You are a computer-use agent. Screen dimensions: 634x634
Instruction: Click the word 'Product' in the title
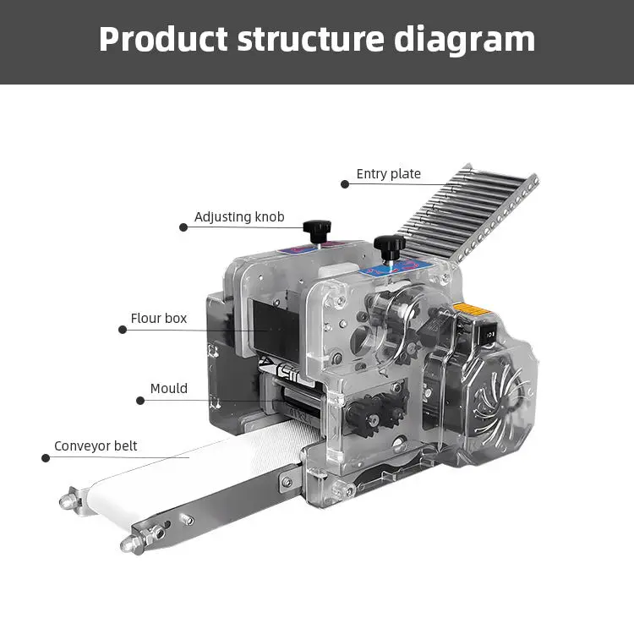pyautogui.click(x=163, y=39)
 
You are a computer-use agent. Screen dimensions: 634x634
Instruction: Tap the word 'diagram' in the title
pyautogui.click(x=465, y=41)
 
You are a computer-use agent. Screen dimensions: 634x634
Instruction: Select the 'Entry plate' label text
pyautogui.click(x=389, y=174)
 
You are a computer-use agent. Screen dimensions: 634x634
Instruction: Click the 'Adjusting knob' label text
pyautogui.click(x=239, y=217)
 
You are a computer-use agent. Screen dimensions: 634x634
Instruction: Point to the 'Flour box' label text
pyautogui.click(x=159, y=318)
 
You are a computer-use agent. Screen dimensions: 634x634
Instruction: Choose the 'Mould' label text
pyautogui.click(x=169, y=389)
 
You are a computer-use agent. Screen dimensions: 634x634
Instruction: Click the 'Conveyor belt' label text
pyautogui.click(x=96, y=446)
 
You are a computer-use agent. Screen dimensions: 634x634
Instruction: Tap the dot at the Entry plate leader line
pyautogui.click(x=345, y=184)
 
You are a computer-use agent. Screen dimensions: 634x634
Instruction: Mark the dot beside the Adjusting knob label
pyautogui.click(x=183, y=227)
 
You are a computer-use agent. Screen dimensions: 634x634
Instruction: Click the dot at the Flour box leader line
pyautogui.click(x=123, y=330)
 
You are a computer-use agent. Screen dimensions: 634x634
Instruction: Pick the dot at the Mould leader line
pyautogui.click(x=140, y=401)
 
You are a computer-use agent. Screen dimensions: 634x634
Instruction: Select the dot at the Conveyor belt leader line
pyautogui.click(x=46, y=458)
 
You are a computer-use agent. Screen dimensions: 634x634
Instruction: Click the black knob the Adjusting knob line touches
pyautogui.click(x=317, y=231)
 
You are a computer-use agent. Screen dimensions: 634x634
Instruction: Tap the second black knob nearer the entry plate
pyautogui.click(x=390, y=246)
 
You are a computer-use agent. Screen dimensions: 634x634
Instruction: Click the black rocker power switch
pyautogui.click(x=487, y=334)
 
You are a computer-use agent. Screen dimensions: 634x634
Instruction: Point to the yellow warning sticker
pyautogui.click(x=472, y=309)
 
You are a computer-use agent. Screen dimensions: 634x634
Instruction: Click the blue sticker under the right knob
pyautogui.click(x=396, y=267)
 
